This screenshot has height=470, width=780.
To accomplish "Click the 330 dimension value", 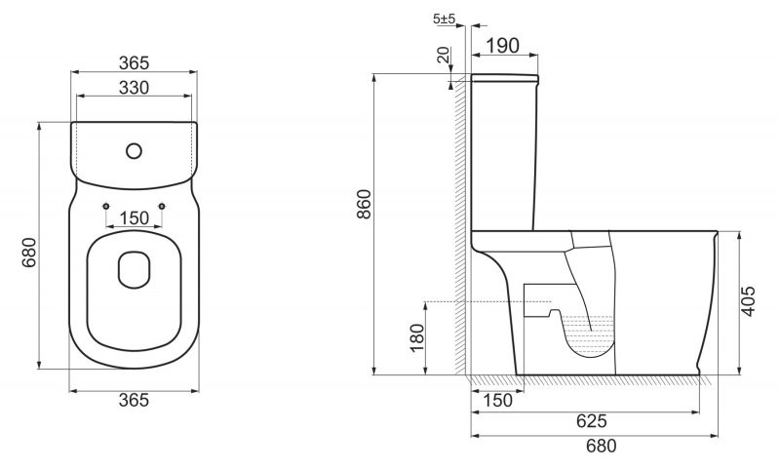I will click(x=134, y=88).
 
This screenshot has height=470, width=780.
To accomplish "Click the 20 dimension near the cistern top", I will click(x=445, y=58).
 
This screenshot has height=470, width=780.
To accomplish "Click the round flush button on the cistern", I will click(x=134, y=151).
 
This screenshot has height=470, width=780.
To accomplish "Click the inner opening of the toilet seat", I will click(x=134, y=269).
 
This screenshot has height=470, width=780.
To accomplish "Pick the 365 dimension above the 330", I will click(x=134, y=63).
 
